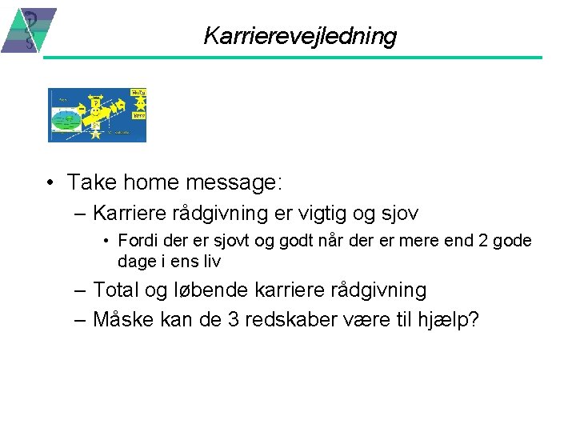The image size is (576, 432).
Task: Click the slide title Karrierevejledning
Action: point(300,36)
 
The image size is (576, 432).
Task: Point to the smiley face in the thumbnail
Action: point(96,111)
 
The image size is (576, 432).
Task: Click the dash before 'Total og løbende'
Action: point(79,290)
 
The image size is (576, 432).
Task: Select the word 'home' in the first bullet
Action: point(153,183)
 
